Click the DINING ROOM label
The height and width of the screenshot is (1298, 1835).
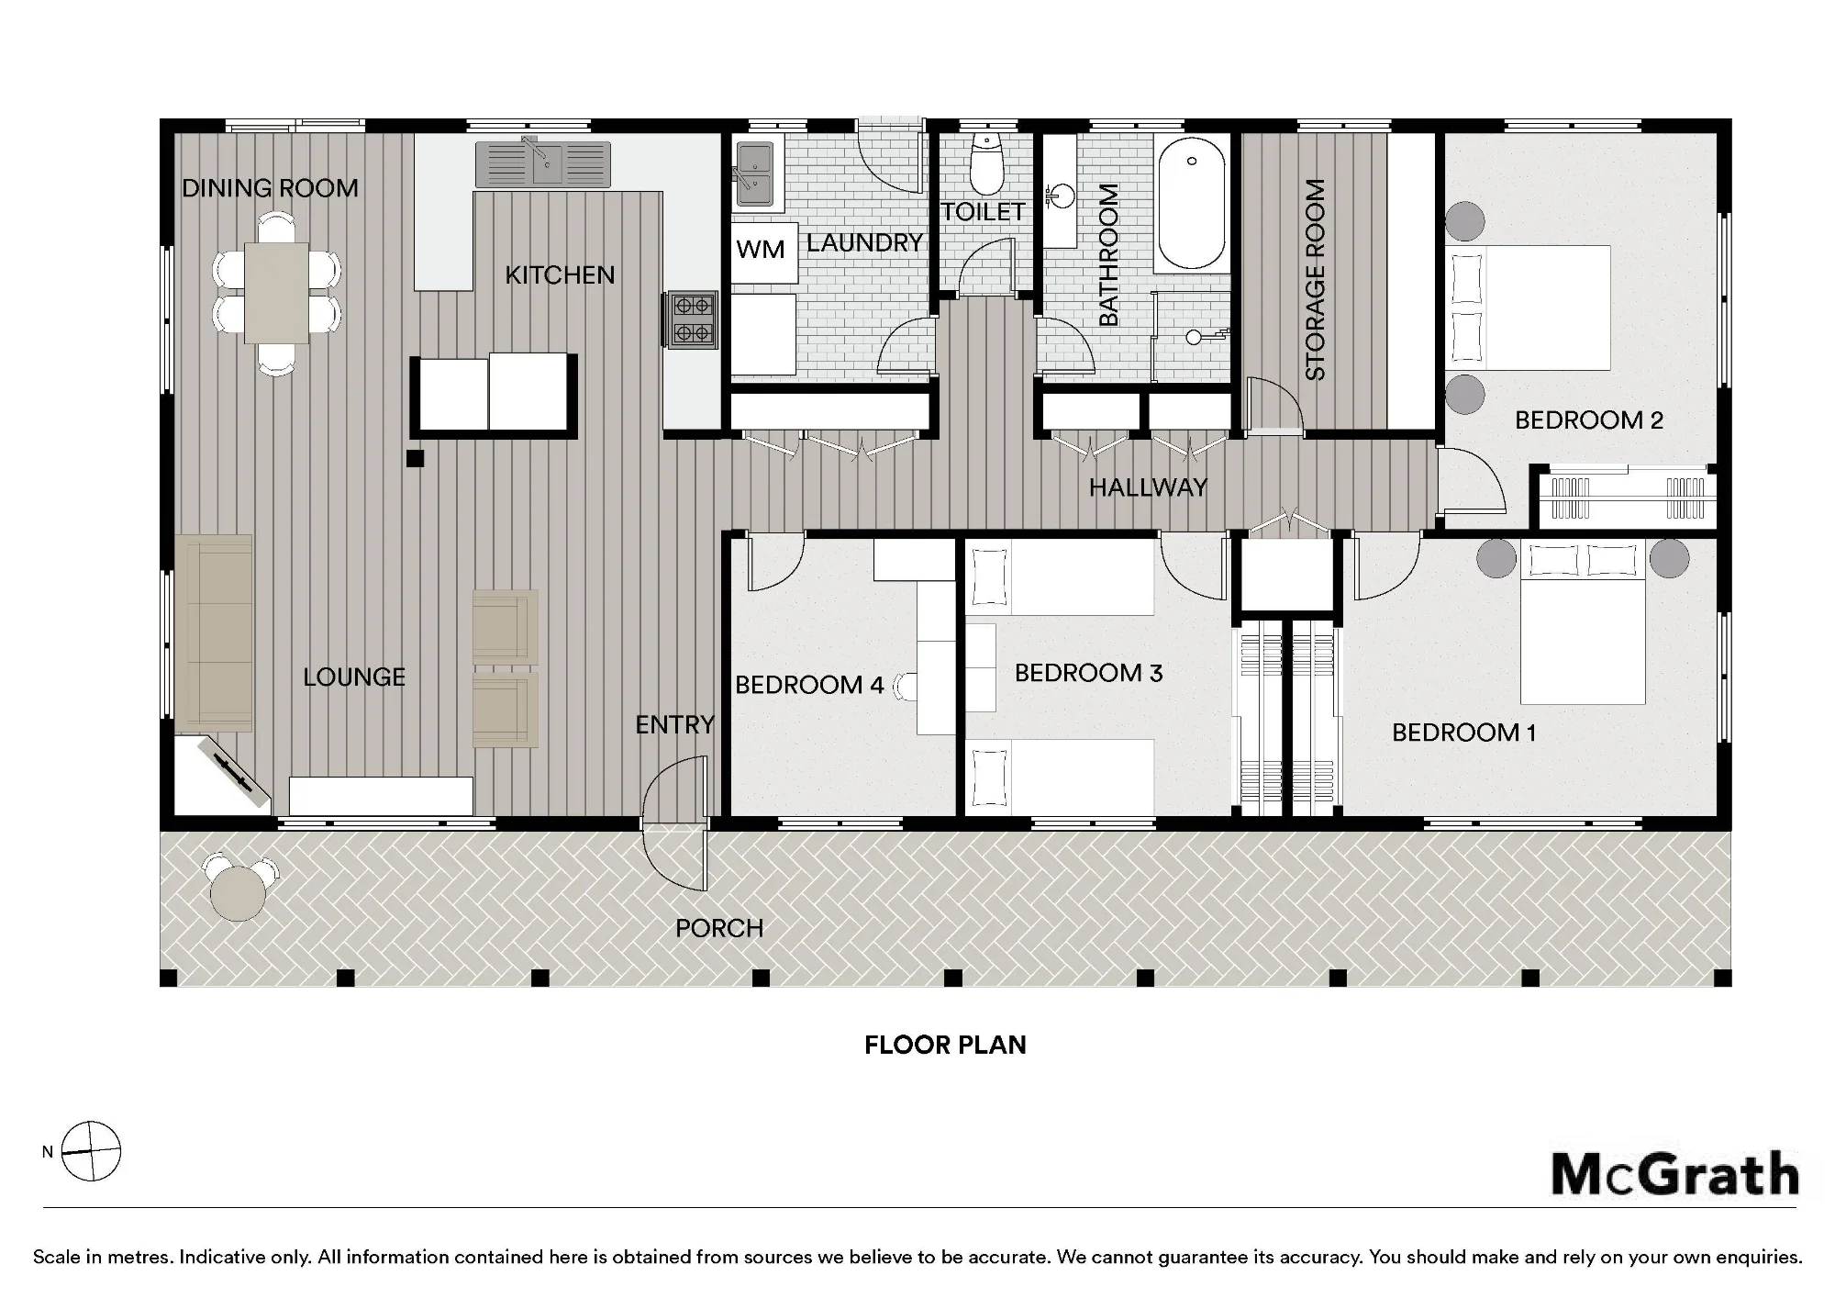click(270, 188)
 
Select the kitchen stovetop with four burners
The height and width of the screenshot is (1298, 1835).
click(692, 319)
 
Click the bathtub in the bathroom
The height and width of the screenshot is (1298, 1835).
click(1191, 204)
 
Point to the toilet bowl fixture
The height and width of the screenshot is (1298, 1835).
click(986, 165)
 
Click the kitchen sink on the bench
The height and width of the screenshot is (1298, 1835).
click(542, 164)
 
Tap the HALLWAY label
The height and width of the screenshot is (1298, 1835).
click(1148, 487)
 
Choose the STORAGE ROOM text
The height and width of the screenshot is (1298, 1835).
click(1315, 280)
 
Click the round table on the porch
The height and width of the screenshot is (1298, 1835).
click(238, 891)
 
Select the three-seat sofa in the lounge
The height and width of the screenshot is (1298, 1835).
click(214, 633)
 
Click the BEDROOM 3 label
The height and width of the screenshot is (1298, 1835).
click(1088, 673)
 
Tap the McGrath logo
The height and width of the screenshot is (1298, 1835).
click(1675, 1176)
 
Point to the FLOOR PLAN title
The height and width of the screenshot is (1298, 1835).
click(945, 1045)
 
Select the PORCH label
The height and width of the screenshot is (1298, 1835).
click(719, 928)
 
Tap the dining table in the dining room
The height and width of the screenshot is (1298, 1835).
click(276, 292)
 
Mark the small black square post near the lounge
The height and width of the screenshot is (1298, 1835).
click(416, 458)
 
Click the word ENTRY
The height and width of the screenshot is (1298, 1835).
click(674, 725)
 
